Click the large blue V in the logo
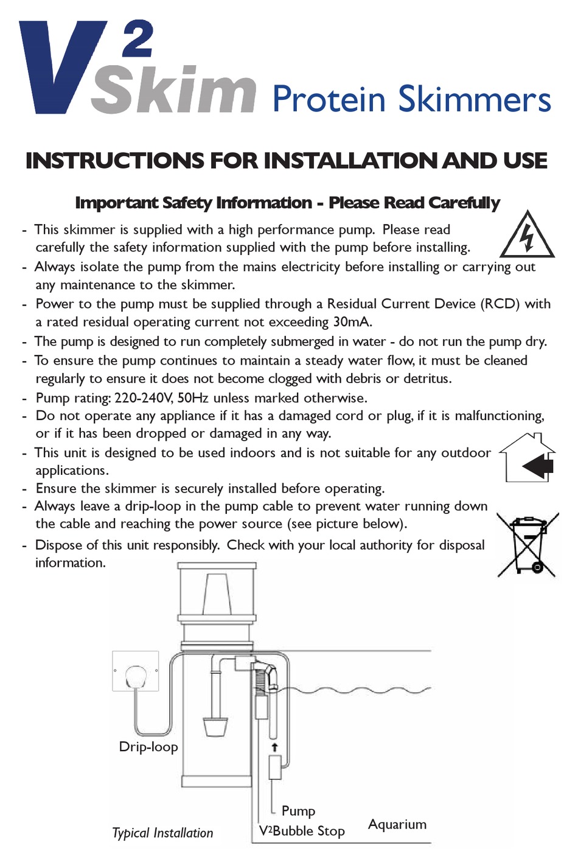[58, 67]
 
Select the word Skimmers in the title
[475, 99]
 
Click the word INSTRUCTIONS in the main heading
[116, 161]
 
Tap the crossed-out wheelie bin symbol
[528, 545]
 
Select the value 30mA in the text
[352, 322]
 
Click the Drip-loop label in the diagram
[148, 747]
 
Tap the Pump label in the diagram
[298, 811]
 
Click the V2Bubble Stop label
[302, 831]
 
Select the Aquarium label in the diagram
[397, 824]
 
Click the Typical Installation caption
[162, 833]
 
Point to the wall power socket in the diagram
[136, 671]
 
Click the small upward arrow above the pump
[274, 747]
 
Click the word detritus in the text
[425, 379]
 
